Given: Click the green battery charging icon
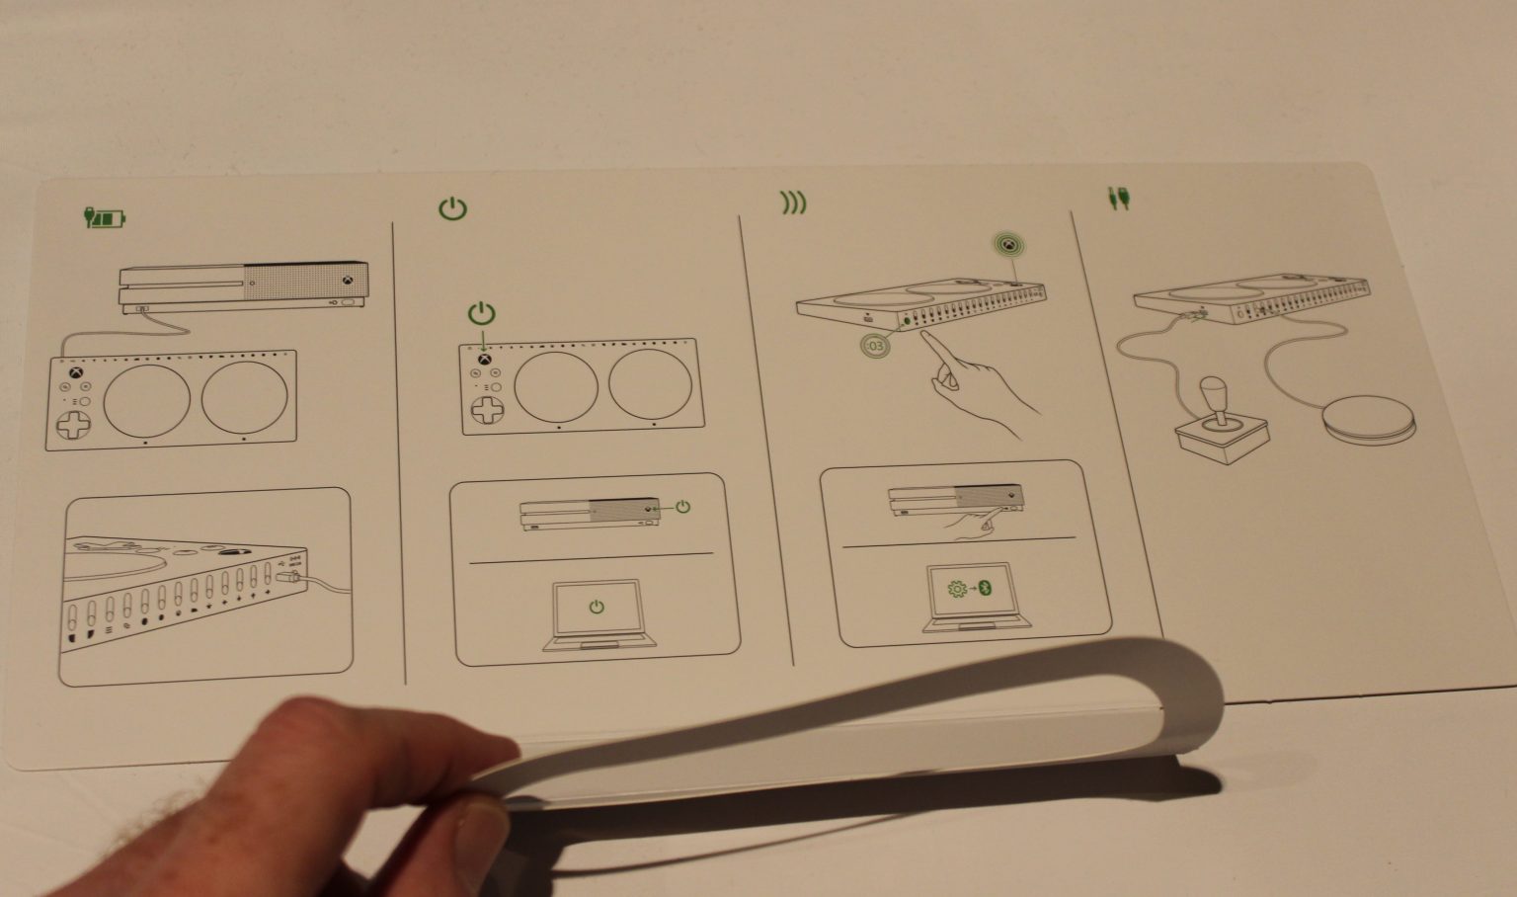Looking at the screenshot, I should coord(106,217).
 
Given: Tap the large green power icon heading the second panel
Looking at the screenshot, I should coord(452,208).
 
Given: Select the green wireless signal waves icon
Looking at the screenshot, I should coord(793,203).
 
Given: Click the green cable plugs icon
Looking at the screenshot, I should coord(1119,199).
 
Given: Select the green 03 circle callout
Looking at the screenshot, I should coord(873,347).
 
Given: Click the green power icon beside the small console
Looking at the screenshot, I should coord(682,507).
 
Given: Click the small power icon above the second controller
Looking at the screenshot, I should coord(481,315).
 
